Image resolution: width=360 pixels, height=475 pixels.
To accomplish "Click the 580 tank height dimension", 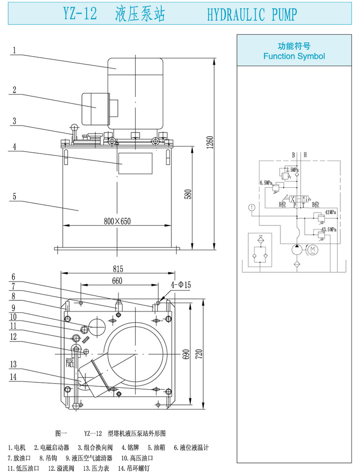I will (188, 194).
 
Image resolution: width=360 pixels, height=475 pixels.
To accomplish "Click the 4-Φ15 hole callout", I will (181, 284).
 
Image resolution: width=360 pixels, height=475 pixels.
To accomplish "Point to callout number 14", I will (14, 376).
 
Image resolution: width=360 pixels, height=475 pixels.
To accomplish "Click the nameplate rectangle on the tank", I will (135, 163).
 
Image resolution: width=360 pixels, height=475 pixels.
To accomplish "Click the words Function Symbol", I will (294, 56).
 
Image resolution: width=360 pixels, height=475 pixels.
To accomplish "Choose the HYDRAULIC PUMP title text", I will (251, 15).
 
